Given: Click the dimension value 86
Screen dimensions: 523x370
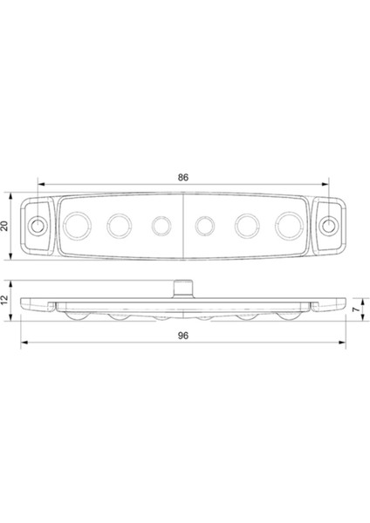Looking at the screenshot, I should pyautogui.click(x=183, y=178).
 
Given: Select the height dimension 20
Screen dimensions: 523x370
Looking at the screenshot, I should pyautogui.click(x=5, y=226).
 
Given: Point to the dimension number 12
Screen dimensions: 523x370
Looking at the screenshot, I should pyautogui.click(x=5, y=299).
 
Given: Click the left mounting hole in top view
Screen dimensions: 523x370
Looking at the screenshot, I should pyautogui.click(x=38, y=226).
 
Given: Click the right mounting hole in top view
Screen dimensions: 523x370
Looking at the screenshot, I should pyautogui.click(x=327, y=226).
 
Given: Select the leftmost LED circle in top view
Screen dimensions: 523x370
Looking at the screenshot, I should pyautogui.click(x=77, y=226).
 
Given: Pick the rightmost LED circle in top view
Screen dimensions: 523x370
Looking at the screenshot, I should pyautogui.click(x=289, y=226).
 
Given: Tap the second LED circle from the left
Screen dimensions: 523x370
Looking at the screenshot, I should pyautogui.click(x=119, y=226).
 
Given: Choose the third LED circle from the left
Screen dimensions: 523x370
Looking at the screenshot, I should pyautogui.click(x=161, y=226).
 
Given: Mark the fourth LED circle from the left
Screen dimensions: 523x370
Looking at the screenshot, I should pyautogui.click(x=204, y=226).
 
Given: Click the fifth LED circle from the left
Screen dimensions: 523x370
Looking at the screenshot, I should pyautogui.click(x=247, y=226).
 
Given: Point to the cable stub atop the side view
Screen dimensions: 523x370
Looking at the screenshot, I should pyautogui.click(x=183, y=286).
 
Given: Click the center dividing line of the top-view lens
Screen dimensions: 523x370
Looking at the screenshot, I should pyautogui.click(x=183, y=226).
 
